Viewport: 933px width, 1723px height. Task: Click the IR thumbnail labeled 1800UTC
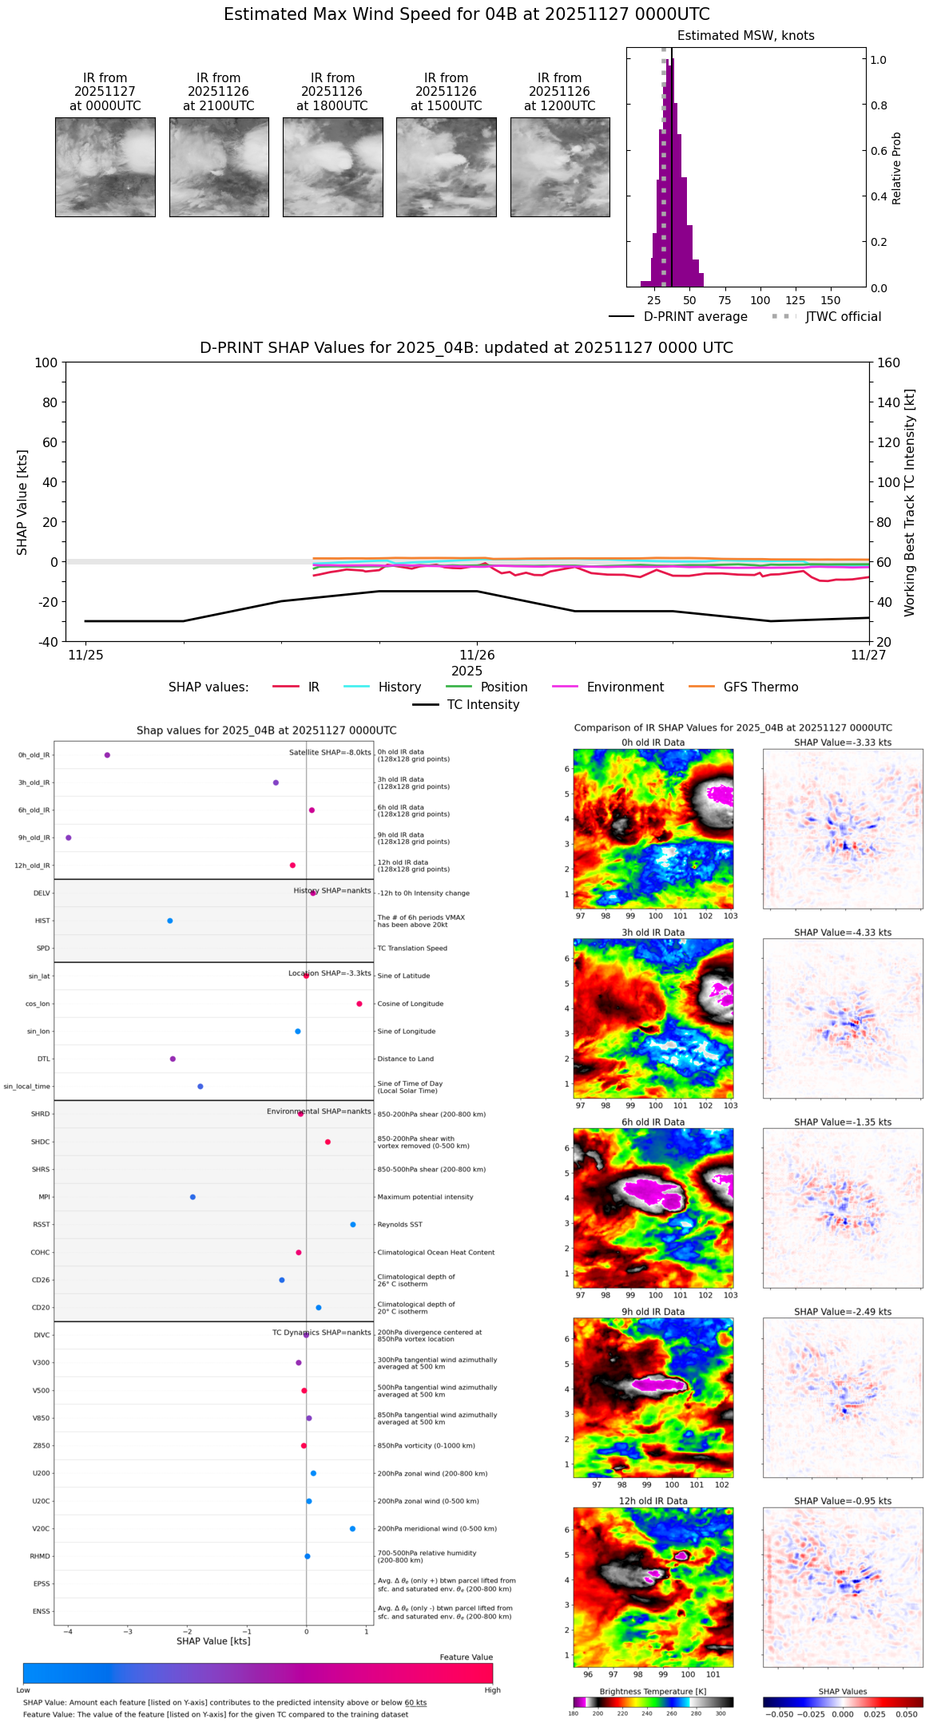(x=332, y=167)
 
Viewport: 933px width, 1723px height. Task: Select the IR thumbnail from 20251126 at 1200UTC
(x=560, y=167)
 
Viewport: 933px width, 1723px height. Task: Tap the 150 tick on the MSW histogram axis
(x=831, y=301)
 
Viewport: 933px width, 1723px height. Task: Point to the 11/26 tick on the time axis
(x=477, y=656)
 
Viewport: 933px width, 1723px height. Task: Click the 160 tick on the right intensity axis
(x=889, y=363)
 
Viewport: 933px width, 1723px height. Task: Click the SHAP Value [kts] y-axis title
(x=22, y=502)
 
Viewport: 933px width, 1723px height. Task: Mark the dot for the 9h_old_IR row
(x=69, y=838)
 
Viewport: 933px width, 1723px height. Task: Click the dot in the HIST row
(x=170, y=921)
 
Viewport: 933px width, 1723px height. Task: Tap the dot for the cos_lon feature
(x=359, y=1004)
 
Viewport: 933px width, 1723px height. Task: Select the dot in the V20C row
(x=352, y=1529)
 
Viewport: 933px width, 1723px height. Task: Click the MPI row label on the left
(x=45, y=1197)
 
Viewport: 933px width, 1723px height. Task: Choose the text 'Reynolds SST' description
(x=399, y=1225)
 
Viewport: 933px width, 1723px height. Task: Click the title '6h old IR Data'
(x=653, y=1122)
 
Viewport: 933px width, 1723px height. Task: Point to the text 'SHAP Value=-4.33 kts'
(x=843, y=933)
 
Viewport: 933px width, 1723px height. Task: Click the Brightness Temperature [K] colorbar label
(x=653, y=1691)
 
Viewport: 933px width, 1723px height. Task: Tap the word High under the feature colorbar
(x=492, y=1690)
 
